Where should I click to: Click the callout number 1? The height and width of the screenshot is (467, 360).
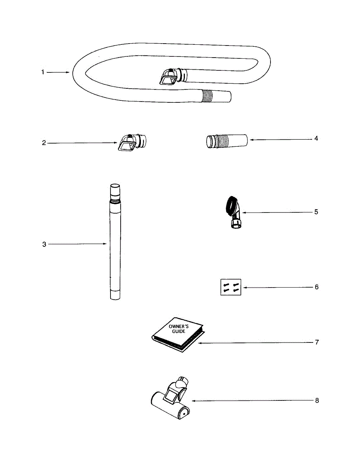coord(43,72)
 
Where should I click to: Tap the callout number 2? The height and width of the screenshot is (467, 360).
coord(44,143)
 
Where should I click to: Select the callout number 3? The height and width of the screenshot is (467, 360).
coord(44,244)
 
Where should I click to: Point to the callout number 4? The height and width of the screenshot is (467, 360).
coord(316,138)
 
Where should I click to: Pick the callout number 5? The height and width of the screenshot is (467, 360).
coord(316,212)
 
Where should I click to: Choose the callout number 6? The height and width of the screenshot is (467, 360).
coord(316,287)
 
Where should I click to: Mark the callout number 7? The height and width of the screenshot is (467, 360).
coord(317,342)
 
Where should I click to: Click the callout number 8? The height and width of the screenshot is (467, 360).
coord(317,400)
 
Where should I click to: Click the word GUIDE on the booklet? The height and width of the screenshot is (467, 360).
coord(179,331)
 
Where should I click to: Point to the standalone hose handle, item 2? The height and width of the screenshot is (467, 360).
coord(132,142)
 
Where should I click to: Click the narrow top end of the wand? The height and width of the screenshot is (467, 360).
coord(115,190)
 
